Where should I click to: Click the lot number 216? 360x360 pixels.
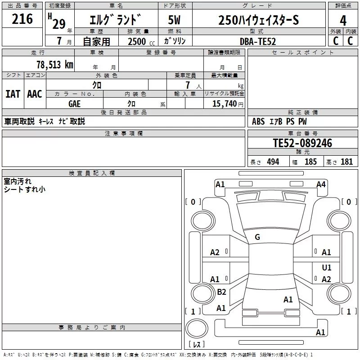click(22, 19)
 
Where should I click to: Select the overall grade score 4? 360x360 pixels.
click(343, 20)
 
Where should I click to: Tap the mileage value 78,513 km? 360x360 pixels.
click(55, 65)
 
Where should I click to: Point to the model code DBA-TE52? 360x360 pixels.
click(257, 41)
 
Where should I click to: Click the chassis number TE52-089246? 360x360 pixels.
click(302, 143)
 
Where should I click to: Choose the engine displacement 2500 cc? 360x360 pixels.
click(141, 41)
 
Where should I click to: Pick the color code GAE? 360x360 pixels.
click(74, 104)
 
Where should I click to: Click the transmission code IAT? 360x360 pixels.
click(13, 94)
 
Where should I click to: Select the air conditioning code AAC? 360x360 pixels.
click(35, 94)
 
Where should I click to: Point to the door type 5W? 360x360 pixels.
click(174, 20)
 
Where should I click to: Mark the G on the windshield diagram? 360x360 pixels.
click(257, 237)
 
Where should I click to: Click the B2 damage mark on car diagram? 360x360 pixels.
click(221, 292)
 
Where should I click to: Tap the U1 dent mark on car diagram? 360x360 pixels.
click(327, 267)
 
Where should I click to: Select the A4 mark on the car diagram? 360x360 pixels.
click(321, 184)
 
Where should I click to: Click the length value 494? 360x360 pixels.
click(273, 162)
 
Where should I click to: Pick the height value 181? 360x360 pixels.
click(346, 162)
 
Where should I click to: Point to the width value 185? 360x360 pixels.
click(310, 162)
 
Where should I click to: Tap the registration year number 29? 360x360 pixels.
click(59, 24)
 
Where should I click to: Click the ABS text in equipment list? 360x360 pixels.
click(258, 121)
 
